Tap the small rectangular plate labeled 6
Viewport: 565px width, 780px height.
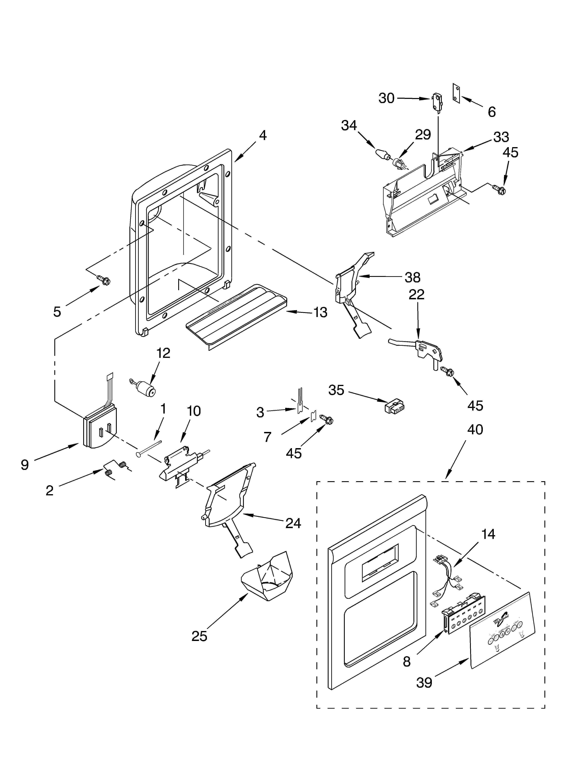pyautogui.click(x=456, y=93)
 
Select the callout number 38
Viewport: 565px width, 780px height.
pyautogui.click(x=412, y=277)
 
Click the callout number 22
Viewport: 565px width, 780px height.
pyautogui.click(x=416, y=294)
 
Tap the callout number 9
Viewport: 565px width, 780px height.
pyautogui.click(x=25, y=465)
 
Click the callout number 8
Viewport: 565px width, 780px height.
pyautogui.click(x=407, y=661)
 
